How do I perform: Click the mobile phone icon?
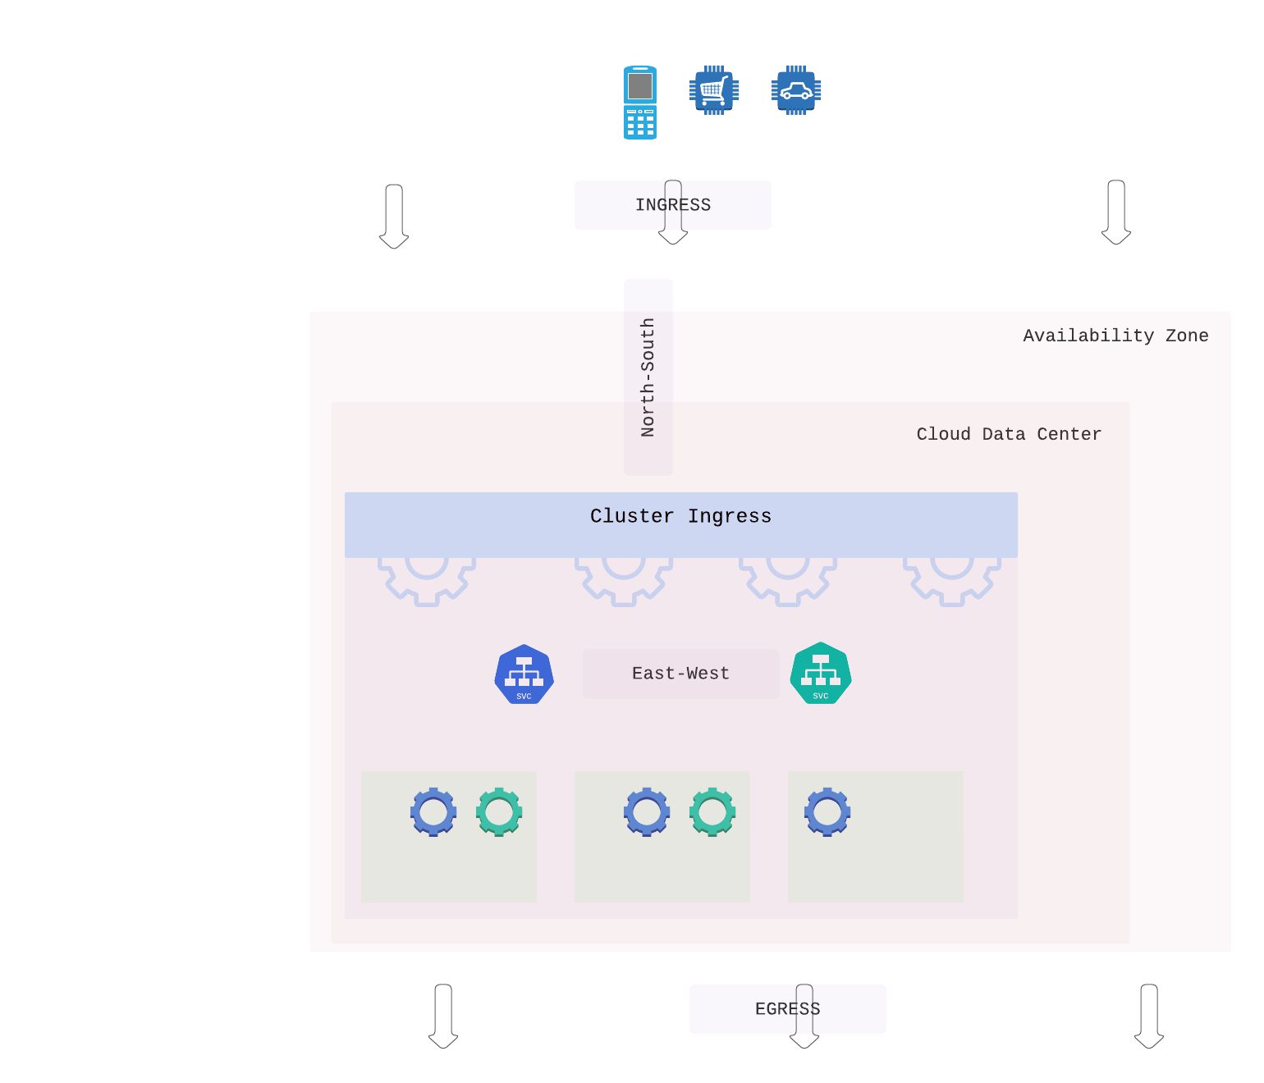(x=640, y=103)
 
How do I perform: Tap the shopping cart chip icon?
(x=714, y=90)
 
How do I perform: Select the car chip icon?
(x=796, y=90)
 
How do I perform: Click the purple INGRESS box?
(x=607, y=205)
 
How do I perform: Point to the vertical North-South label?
(x=648, y=377)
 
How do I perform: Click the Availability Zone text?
(x=1115, y=336)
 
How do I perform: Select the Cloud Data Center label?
(x=1009, y=434)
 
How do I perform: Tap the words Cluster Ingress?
(x=680, y=516)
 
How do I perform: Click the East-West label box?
(x=680, y=674)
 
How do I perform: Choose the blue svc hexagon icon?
(x=524, y=674)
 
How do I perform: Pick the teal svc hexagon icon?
(x=821, y=674)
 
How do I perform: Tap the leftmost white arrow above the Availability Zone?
(x=394, y=216)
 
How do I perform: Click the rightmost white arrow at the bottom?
(x=1149, y=1016)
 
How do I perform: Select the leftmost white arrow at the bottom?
(x=443, y=1016)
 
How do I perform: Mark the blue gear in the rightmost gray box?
(x=827, y=811)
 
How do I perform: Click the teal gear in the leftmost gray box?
(x=499, y=811)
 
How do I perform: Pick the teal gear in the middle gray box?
(x=712, y=811)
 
